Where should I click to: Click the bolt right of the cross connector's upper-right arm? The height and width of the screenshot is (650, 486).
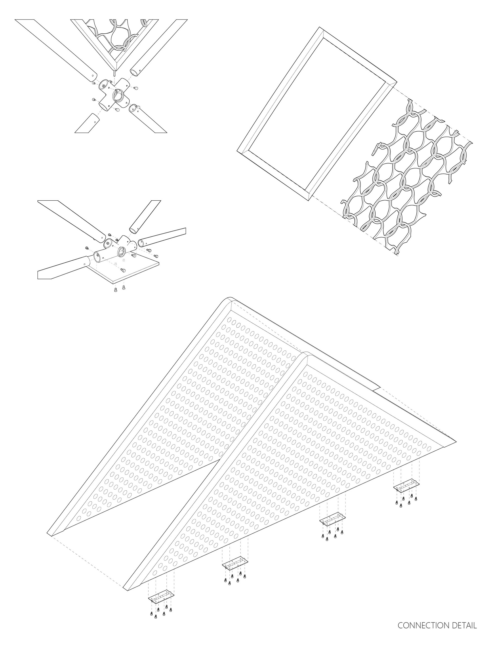coord(136,88)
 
